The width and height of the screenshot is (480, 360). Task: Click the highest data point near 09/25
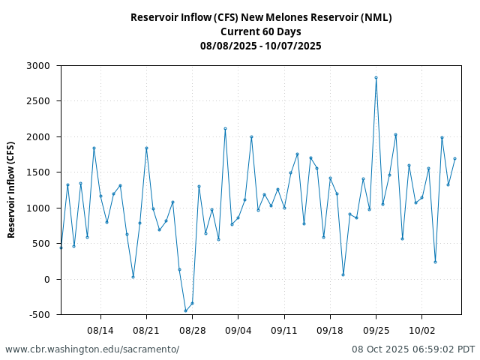coord(376,77)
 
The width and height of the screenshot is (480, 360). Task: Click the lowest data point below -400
coord(185,310)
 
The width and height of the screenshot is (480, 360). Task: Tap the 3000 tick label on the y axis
coord(37,66)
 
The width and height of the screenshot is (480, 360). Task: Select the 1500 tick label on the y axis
coord(37,172)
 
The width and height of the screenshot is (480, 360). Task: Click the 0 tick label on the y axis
coord(46,279)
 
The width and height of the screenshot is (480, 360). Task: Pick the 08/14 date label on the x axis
coord(100,330)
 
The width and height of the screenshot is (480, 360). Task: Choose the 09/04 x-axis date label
coord(238,330)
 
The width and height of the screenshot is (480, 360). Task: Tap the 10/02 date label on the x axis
coord(421,330)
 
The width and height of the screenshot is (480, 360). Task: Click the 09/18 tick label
coord(330,330)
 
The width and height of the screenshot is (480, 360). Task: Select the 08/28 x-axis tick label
coord(192,330)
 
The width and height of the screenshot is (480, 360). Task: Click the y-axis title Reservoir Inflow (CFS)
coord(11,190)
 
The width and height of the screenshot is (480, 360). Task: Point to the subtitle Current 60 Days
coord(261,31)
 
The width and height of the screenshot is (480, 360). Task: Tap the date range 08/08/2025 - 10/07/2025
coord(261,46)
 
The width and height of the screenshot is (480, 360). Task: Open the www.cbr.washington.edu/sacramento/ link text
coord(92,349)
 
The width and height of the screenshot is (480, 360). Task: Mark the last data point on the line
coord(454,158)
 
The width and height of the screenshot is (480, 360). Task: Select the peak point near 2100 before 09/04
coord(225,128)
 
